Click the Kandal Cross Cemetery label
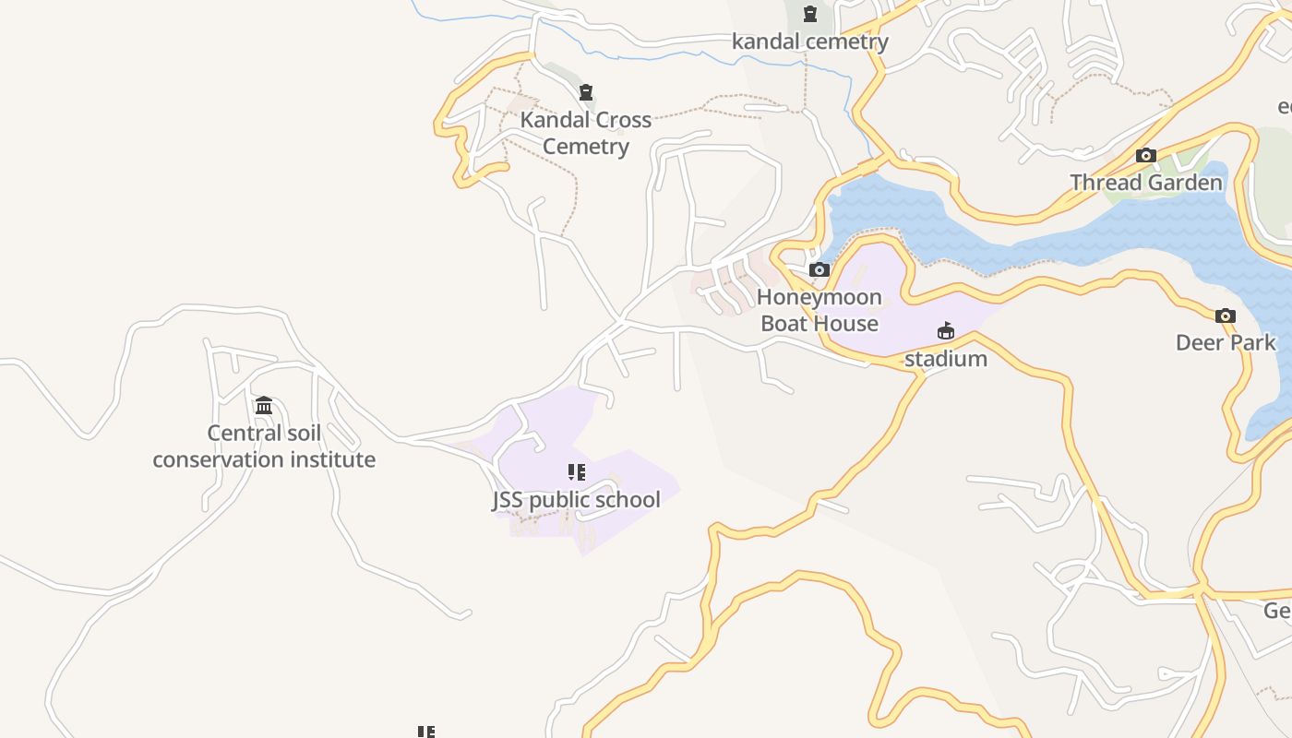tap(585, 133)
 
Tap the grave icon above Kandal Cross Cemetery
tap(585, 92)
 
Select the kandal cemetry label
tap(809, 42)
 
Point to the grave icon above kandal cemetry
tap(809, 14)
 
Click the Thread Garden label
tap(1145, 183)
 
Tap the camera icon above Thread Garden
tap(1145, 155)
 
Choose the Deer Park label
tap(1225, 342)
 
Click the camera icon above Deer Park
tap(1225, 315)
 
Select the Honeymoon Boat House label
tap(819, 310)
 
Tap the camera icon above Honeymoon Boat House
tap(819, 269)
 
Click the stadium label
tap(945, 359)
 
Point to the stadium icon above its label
tap(945, 330)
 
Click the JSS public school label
tap(576, 500)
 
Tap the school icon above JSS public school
tap(577, 472)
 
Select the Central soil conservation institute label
tap(264, 446)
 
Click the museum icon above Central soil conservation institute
tap(264, 405)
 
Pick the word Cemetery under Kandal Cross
tap(585, 146)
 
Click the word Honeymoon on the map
tap(819, 297)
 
